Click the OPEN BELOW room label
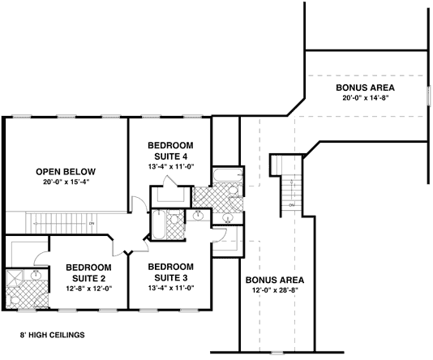pyautogui.click(x=65, y=171)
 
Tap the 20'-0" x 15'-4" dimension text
pyautogui.click(x=65, y=183)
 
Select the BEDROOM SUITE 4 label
pyautogui.click(x=170, y=151)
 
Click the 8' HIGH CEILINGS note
pyautogui.click(x=53, y=334)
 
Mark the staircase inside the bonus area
pyautogui.click(x=285, y=182)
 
